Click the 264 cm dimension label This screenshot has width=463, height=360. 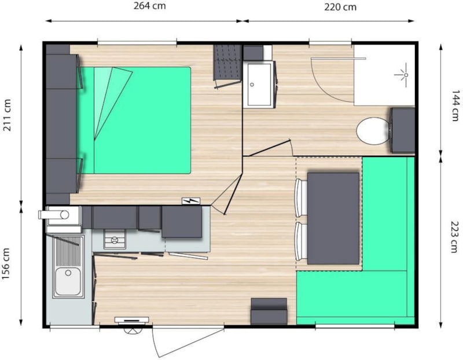click(x=150, y=6)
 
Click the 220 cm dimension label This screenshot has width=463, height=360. click(x=340, y=7)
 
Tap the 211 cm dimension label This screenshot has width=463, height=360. click(x=7, y=115)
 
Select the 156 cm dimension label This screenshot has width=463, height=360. click(x=6, y=264)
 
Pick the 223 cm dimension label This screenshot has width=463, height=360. click(x=455, y=237)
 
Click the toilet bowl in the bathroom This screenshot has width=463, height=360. click(x=373, y=131)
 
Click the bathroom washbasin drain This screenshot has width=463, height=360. click(x=252, y=85)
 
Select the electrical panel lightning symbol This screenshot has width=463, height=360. click(x=191, y=201)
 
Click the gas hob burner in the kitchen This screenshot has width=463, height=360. click(x=115, y=240)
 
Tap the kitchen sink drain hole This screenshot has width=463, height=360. click(x=68, y=273)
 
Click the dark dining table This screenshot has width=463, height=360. click(x=333, y=218)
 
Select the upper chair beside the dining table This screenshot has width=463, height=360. click(x=301, y=197)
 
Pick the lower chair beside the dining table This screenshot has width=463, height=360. click(x=301, y=241)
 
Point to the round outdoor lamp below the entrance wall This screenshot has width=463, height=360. click(x=131, y=330)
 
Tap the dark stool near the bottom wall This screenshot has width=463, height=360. click(x=269, y=311)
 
